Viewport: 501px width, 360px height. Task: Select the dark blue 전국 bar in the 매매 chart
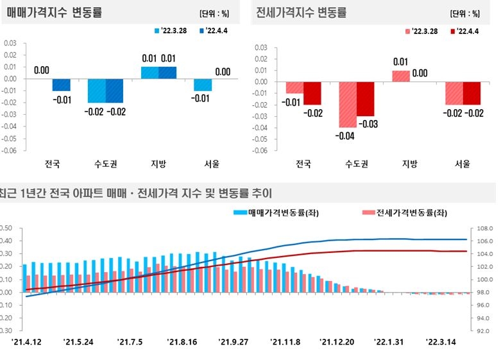pyautogui.click(x=62, y=85)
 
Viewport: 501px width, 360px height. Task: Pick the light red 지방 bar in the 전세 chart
pyautogui.click(x=400, y=76)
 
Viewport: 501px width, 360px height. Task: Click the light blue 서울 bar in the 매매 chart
pyautogui.click(x=203, y=85)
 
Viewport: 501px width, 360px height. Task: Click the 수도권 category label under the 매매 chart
pyautogui.click(x=106, y=164)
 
